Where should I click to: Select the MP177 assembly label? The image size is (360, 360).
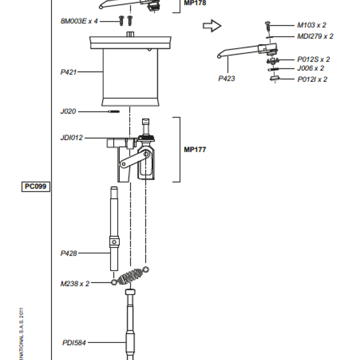click(195, 150)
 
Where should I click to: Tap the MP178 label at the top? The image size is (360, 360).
click(195, 3)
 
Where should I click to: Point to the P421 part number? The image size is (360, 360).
click(68, 72)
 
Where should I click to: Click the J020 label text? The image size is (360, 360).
click(68, 111)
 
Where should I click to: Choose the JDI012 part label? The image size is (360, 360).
click(71, 138)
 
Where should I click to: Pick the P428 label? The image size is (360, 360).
click(68, 253)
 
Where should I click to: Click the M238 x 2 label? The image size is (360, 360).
click(75, 283)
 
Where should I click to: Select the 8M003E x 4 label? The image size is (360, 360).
click(79, 21)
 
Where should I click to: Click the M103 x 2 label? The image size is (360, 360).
click(312, 25)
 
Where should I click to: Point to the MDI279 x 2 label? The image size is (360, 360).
click(315, 36)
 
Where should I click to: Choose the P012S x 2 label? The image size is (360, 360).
click(313, 59)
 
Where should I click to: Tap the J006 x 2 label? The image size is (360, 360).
click(311, 68)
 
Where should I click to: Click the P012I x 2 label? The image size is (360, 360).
click(312, 79)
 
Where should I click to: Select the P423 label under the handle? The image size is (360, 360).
click(226, 79)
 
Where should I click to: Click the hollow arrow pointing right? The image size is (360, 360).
click(211, 26)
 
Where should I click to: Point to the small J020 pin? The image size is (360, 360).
click(114, 111)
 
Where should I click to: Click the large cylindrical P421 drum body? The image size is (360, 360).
click(130, 75)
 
